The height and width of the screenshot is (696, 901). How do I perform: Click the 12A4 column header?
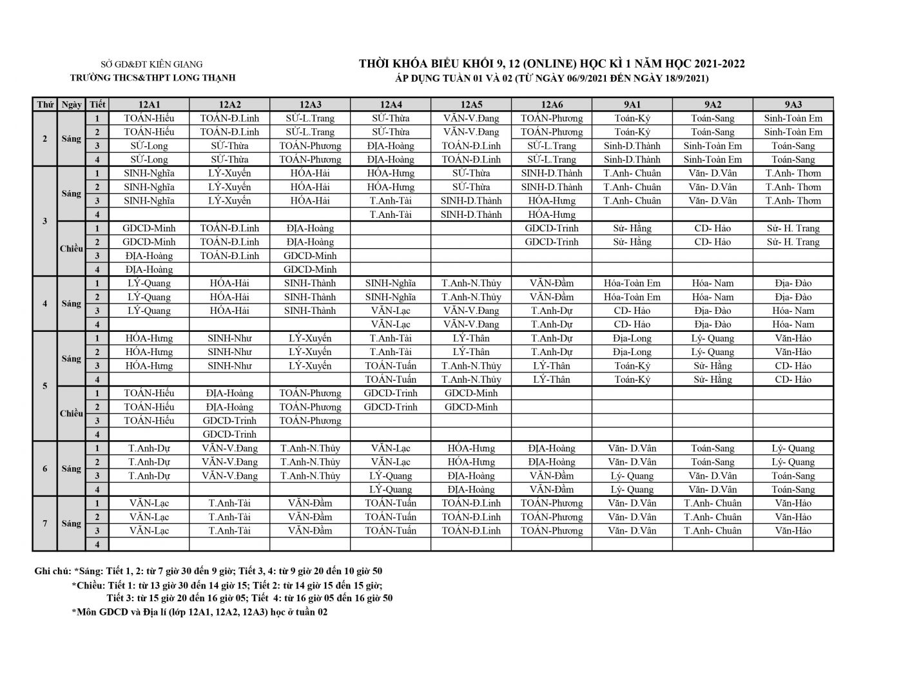[x=391, y=104]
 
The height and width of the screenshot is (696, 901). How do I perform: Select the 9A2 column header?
[x=712, y=104]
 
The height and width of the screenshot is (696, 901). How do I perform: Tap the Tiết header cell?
[x=98, y=104]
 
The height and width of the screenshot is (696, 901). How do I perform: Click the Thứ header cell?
[x=45, y=104]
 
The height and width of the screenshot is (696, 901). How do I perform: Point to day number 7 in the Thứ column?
[x=45, y=523]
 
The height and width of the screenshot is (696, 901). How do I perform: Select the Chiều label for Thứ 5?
[x=71, y=414]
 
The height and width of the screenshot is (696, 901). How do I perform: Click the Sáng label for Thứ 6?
[x=71, y=469]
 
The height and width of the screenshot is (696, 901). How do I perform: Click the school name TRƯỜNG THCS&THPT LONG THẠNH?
[x=153, y=78]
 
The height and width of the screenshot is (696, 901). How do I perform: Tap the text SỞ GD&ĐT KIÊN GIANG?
[x=153, y=64]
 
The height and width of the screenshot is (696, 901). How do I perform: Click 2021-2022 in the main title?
[x=715, y=64]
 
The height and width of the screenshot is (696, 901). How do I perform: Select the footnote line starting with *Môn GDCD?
[x=200, y=612]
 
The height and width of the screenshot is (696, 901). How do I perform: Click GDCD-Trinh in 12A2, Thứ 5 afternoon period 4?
[x=229, y=434]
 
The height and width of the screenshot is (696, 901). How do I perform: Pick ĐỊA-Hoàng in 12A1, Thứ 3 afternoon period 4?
[x=149, y=269]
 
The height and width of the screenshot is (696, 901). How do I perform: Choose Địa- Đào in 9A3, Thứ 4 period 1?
[x=793, y=283]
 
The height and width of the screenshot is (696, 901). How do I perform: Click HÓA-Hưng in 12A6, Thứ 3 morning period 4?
[x=551, y=215]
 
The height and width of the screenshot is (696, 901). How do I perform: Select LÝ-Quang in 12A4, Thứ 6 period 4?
[x=391, y=489]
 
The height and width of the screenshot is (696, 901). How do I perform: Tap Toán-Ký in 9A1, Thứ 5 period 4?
[x=632, y=380]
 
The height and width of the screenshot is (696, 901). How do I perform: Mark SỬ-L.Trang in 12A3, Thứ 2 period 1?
[x=310, y=118]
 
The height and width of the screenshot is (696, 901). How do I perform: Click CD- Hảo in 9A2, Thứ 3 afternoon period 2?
[x=712, y=242]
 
